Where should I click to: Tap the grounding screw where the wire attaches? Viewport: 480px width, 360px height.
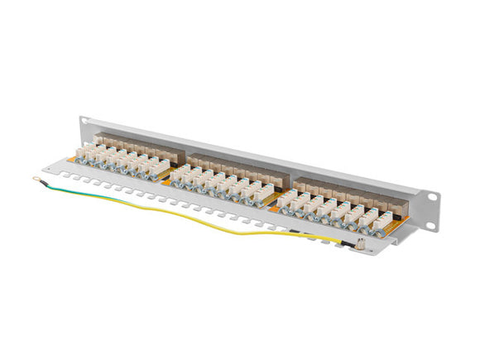point(361,243)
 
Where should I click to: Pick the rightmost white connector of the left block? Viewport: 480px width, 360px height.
point(161,170)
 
